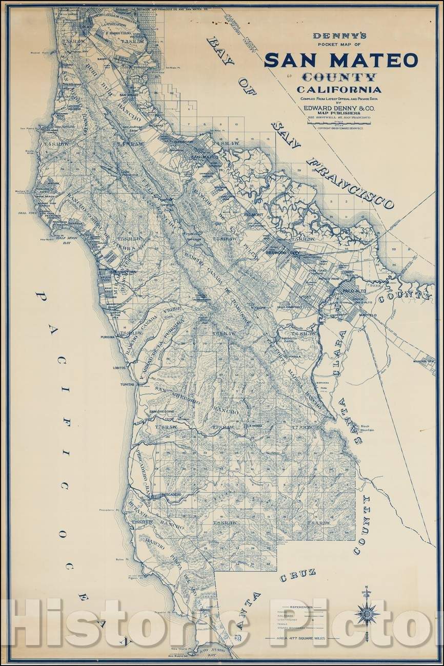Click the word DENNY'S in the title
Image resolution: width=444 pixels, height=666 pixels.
340,37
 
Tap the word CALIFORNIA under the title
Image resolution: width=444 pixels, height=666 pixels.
340,90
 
